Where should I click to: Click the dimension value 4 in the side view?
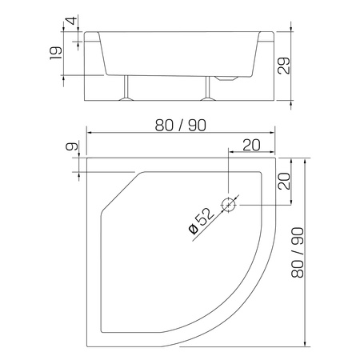point(73,20)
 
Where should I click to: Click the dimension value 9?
point(73,148)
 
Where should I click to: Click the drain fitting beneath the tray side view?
point(228,80)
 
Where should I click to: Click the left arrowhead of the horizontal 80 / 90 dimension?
point(88,132)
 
